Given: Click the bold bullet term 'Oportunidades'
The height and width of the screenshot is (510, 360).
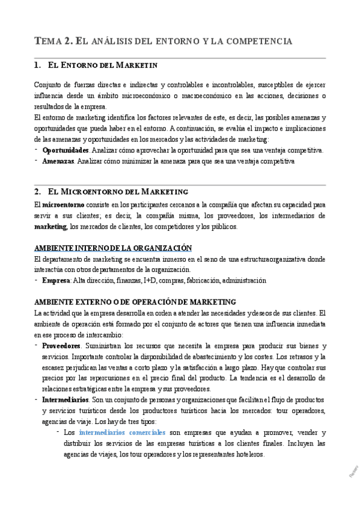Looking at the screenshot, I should pos(66,150).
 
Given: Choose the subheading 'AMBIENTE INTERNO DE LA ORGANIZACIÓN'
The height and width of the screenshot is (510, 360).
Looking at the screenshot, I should pos(113,248).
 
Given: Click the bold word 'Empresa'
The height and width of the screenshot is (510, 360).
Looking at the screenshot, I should pos(56,280).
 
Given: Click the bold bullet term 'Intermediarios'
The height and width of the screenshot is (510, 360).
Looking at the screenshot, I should pos(66,400).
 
